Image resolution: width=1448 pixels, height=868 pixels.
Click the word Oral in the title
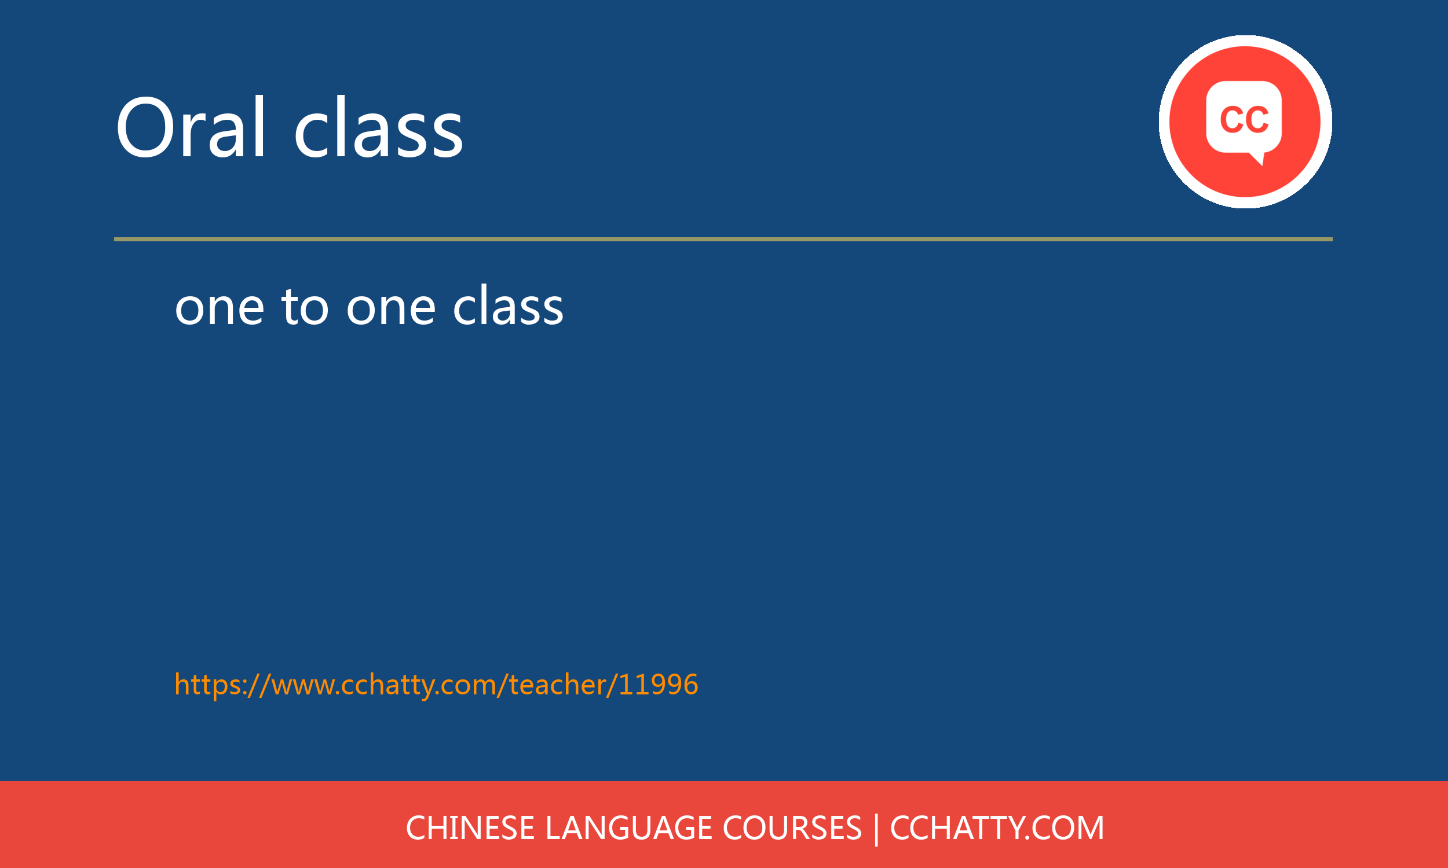[x=191, y=128]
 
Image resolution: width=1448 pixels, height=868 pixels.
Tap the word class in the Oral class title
[x=378, y=128]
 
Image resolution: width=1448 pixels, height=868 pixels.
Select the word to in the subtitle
[x=305, y=307]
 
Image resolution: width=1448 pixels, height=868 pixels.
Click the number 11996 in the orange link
[x=658, y=685]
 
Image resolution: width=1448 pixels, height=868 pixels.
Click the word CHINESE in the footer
[x=470, y=828]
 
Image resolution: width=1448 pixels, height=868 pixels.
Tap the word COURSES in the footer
[x=792, y=828]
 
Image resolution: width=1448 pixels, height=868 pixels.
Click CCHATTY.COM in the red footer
[x=997, y=828]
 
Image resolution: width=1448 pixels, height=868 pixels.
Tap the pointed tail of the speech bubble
[x=1259, y=159]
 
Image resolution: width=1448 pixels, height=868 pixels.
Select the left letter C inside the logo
[x=1231, y=119]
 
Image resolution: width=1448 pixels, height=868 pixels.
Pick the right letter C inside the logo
[x=1257, y=119]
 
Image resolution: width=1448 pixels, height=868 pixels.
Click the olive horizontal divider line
[x=723, y=239]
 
